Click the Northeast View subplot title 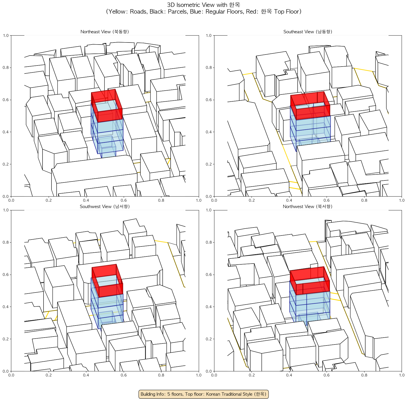[105, 32]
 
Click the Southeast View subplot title [308, 32]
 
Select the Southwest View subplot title [105, 207]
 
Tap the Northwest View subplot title [308, 207]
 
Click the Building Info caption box [203, 394]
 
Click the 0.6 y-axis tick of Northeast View [6, 100]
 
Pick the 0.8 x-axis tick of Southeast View [364, 200]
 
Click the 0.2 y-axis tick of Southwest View [6, 339]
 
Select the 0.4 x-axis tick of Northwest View [289, 375]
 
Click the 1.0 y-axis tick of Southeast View [209, 35]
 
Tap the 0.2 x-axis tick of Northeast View [49, 200]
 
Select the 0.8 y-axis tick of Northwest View [209, 242]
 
